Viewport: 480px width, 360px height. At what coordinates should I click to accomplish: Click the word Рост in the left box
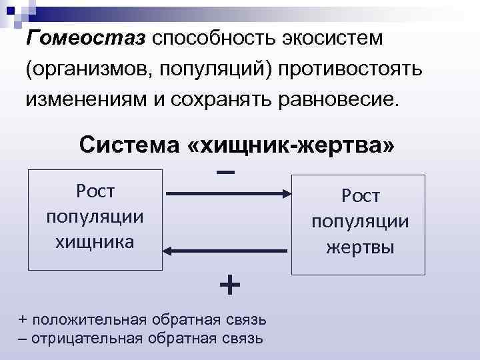(95, 191)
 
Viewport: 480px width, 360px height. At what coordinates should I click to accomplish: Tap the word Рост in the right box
(360, 196)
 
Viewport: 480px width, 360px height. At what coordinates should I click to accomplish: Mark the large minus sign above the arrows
(226, 171)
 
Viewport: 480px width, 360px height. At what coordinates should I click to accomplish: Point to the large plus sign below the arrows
(229, 285)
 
